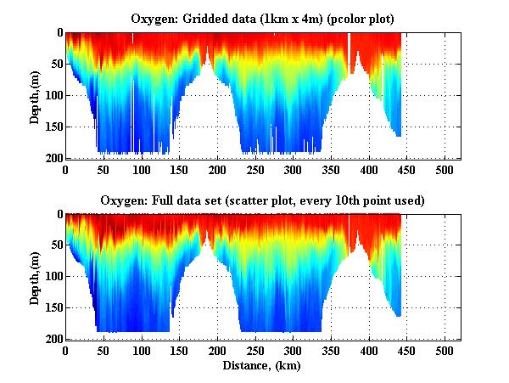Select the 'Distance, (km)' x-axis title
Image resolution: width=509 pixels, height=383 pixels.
point(262,366)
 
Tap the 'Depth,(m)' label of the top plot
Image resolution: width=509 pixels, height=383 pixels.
point(35,96)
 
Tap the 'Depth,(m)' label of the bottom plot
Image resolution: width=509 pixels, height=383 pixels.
point(35,277)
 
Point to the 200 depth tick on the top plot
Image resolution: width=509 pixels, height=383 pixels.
point(53,159)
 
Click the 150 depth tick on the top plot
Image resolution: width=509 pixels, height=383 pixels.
point(53,127)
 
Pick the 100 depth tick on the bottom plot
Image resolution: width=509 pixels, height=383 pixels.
point(53,277)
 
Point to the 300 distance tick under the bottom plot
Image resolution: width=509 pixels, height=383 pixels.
point(293,351)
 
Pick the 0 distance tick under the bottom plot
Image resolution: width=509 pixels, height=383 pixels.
point(65,351)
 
